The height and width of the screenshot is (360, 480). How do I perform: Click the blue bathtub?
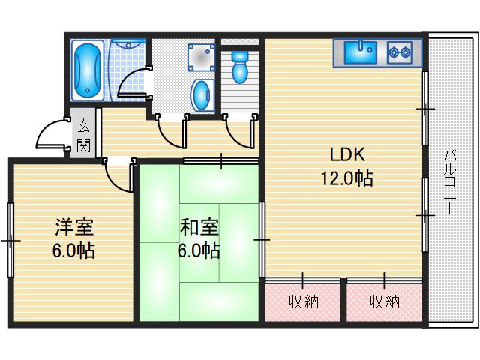click(89, 69)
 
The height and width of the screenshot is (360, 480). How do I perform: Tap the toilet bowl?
click(240, 67)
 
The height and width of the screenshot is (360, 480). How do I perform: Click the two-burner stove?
click(400, 52)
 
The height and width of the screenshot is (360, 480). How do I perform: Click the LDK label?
click(347, 155)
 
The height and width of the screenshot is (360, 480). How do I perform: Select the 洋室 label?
click(73, 226)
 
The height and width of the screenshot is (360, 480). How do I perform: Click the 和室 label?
click(198, 226)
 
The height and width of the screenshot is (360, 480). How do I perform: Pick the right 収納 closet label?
click(384, 301)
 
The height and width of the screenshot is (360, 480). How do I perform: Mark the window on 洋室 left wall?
click(10, 240)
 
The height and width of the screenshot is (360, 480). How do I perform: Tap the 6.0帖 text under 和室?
click(198, 250)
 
